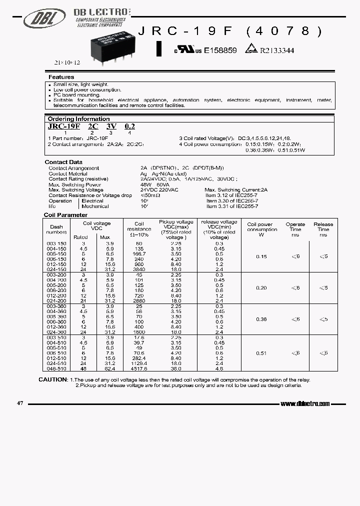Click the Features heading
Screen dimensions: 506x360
tap(61, 77)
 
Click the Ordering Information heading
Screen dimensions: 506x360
tap(78, 119)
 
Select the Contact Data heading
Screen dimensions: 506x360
tap(63, 162)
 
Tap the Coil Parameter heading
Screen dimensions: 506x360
tap(65, 214)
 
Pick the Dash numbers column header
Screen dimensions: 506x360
tap(56, 229)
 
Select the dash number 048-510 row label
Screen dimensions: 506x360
tap(56, 368)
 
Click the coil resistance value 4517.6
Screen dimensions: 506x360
tap(139, 368)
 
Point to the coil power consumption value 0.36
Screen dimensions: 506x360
tap(261, 319)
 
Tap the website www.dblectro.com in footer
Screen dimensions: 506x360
tap(305, 403)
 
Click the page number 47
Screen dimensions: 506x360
tap(20, 402)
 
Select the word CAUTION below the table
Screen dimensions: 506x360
tap(52, 379)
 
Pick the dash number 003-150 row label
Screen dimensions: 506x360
tap(56, 243)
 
